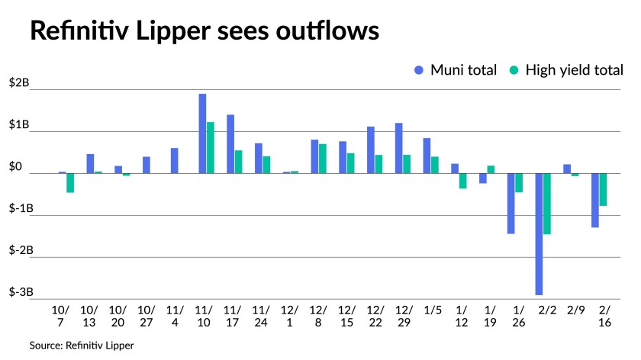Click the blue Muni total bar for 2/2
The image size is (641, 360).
tap(539, 233)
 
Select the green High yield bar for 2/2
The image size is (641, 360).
tap(547, 204)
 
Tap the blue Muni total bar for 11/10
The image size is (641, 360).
tap(202, 133)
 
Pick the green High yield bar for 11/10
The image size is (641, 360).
tap(211, 147)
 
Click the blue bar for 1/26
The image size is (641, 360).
tap(511, 203)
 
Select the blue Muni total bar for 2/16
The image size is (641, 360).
tap(594, 200)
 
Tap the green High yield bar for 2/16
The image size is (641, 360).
tap(603, 189)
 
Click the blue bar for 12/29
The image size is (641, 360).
tap(398, 148)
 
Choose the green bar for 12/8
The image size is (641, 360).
tap(323, 159)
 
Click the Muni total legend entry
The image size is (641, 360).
tap(455, 70)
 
